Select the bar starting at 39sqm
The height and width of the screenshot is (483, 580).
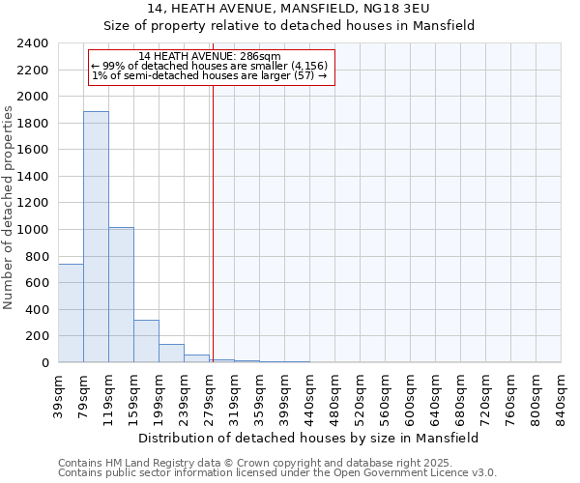point(71,313)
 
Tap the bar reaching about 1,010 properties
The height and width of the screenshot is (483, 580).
point(121,295)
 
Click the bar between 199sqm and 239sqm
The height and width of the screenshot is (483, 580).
point(171,354)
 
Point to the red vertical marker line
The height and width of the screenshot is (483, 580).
point(212,213)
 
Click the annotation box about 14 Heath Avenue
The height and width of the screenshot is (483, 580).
point(211,68)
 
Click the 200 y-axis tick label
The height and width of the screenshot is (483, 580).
point(38,336)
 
